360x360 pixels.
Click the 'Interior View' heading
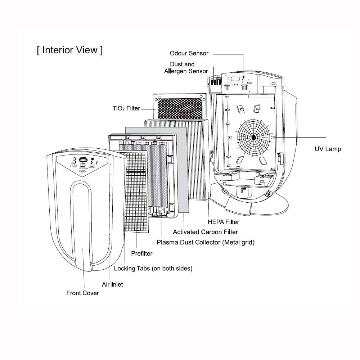pyautogui.click(x=69, y=50)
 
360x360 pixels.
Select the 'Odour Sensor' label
pyautogui.click(x=189, y=53)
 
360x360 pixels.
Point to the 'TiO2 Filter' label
pyautogui.click(x=126, y=108)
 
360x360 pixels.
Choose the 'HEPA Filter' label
pyautogui.click(x=223, y=222)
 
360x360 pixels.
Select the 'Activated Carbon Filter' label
pyautogui.click(x=205, y=232)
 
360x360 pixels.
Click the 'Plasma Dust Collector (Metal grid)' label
pyautogui.click(x=206, y=242)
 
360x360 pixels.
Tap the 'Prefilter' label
pyautogui.click(x=141, y=253)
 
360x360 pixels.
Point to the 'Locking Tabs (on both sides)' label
pyautogui.click(x=153, y=269)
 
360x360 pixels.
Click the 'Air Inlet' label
pyautogui.click(x=112, y=284)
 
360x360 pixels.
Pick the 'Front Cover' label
pyautogui.click(x=82, y=293)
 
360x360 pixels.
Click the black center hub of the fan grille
pyautogui.click(x=253, y=137)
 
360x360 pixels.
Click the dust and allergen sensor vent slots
pyautogui.click(x=215, y=82)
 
